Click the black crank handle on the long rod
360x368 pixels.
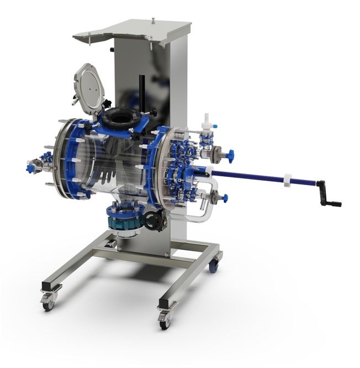pos(329,197)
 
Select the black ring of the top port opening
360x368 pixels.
pos(120,117)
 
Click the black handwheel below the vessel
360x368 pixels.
pos(153,220)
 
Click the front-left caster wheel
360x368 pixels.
pos(48,303)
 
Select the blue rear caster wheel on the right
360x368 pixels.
pos(213,267)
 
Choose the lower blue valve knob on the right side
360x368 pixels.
pos(225,197)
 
